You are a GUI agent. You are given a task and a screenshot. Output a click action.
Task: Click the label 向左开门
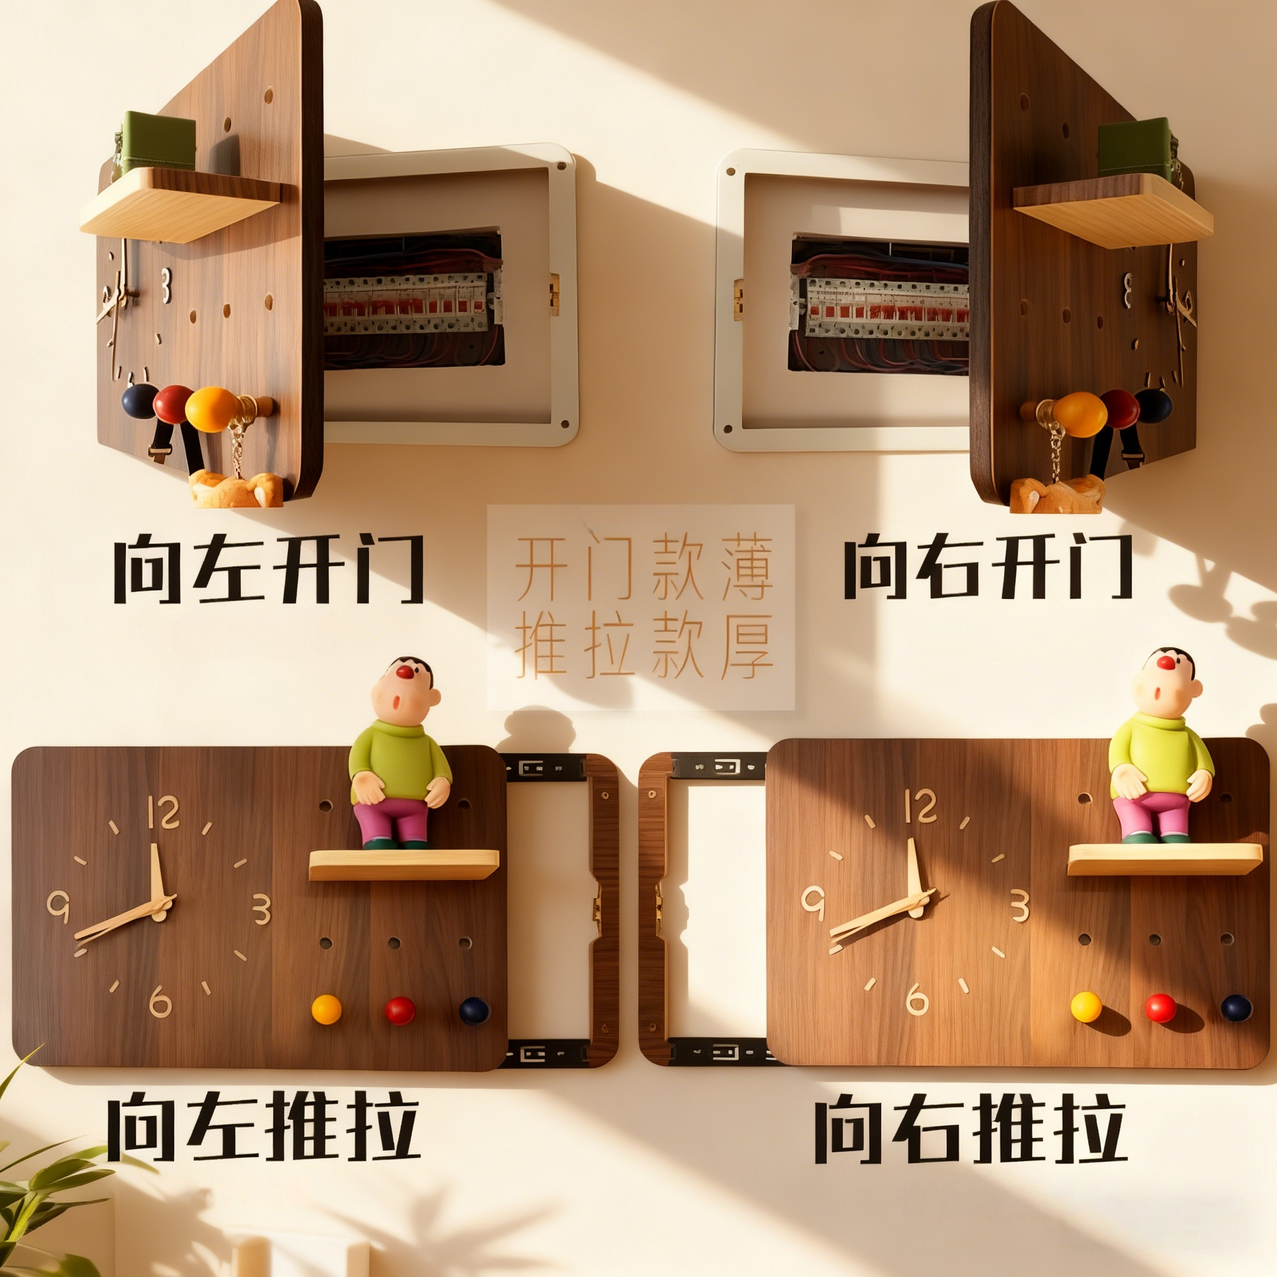tap(267, 569)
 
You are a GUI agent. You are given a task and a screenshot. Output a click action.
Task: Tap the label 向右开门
tap(988, 566)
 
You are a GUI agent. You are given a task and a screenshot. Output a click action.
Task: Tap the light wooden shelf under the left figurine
tap(403, 865)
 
